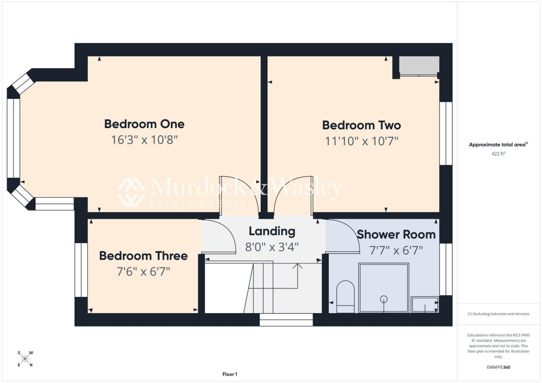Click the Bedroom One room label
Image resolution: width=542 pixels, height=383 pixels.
(144, 124)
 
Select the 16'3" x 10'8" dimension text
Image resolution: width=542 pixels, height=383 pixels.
(144, 140)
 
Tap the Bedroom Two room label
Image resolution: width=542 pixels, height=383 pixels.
(362, 125)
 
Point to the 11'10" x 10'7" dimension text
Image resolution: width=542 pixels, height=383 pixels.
(362, 141)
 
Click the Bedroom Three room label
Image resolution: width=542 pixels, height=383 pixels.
(143, 256)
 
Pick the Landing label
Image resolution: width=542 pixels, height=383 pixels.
(272, 231)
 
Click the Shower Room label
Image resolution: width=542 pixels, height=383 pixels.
(396, 234)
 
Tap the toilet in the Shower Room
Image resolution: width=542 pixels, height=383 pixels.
(345, 297)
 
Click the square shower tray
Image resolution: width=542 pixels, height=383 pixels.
(384, 288)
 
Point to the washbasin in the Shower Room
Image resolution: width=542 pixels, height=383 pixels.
(425, 304)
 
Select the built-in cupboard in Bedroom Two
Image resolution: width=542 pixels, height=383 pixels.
(419, 66)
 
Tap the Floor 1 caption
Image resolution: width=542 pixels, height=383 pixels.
(230, 374)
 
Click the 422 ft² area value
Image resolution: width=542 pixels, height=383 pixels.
(498, 154)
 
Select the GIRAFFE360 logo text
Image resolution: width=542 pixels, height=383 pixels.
(498, 367)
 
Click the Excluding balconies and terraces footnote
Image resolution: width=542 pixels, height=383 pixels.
(498, 314)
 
